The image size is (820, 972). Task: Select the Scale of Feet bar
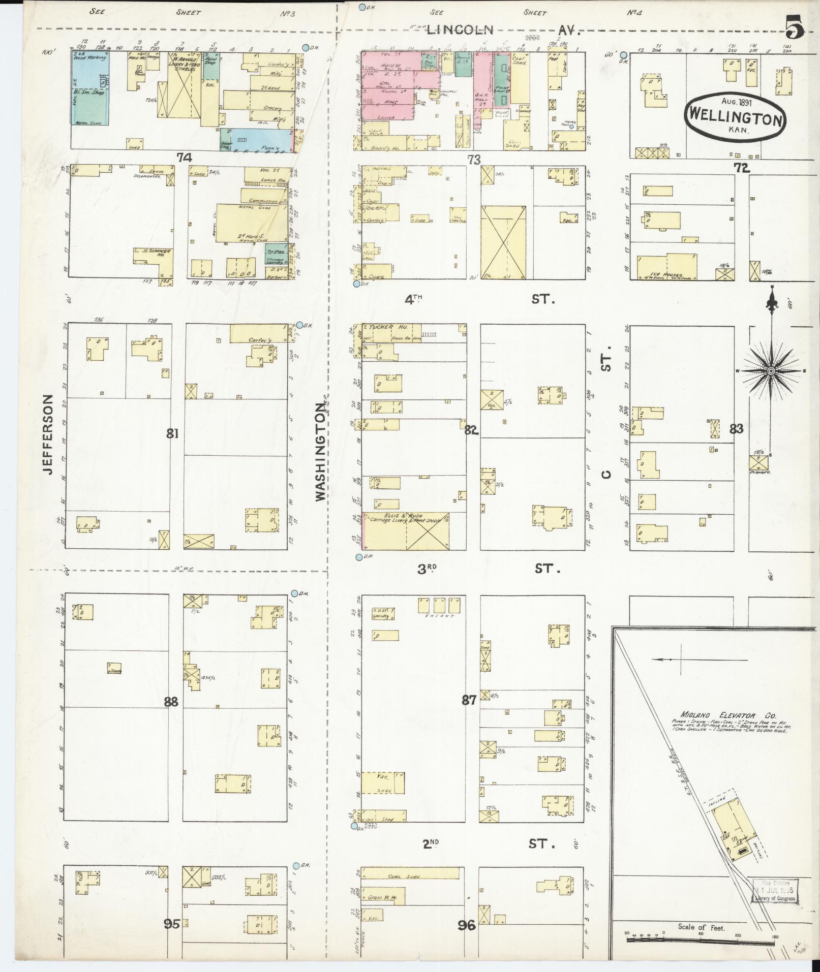[x=700, y=939]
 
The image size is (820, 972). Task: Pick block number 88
[x=171, y=702]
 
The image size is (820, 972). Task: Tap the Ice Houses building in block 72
[x=666, y=268]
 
